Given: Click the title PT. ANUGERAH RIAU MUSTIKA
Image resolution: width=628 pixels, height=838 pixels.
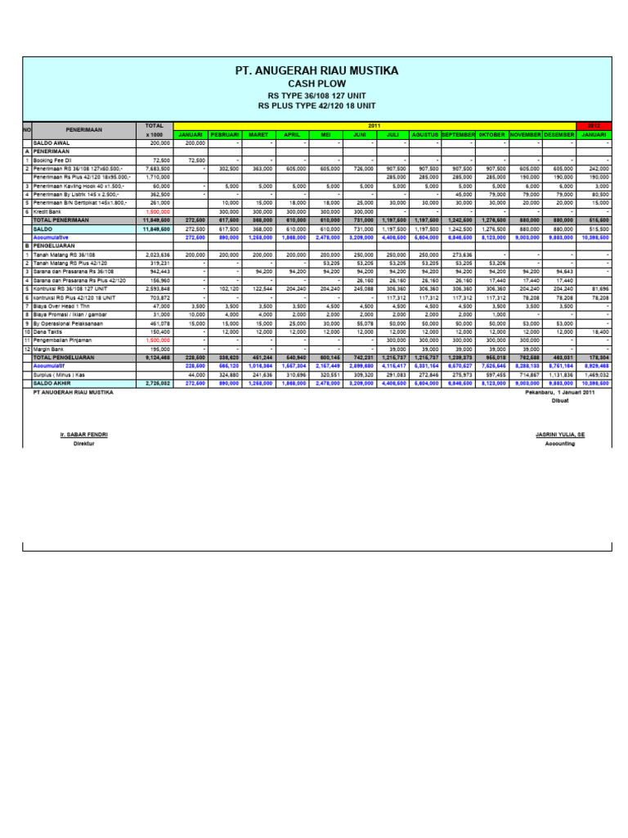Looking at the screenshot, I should point(316,71).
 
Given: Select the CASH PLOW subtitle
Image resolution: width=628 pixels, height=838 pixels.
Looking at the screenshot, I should point(317,83).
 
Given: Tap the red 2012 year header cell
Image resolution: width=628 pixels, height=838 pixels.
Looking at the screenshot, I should point(594,125).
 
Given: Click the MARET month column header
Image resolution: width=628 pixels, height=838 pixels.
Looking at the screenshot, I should point(258,134).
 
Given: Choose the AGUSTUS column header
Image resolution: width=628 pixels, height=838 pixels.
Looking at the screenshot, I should point(425,134).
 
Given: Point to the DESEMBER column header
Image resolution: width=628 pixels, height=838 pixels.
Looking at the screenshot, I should point(559,134).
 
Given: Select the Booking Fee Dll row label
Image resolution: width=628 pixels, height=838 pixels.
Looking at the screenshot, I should point(52,160).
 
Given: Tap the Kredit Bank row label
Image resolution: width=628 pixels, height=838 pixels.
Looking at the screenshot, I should point(47,211).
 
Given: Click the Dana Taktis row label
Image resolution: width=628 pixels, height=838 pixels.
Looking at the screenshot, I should point(47,331).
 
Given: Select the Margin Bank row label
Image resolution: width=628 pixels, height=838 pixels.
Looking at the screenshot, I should point(48,349).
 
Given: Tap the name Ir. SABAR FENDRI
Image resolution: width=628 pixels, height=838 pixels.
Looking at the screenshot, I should point(84,435).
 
